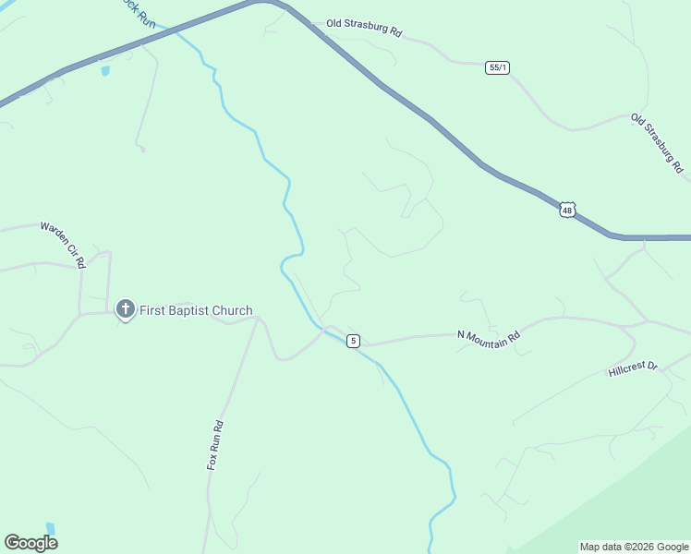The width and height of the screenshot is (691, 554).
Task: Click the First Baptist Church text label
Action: pos(196,311)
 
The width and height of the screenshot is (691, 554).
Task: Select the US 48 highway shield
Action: pos(567,211)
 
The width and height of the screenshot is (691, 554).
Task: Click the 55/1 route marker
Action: pos(497,67)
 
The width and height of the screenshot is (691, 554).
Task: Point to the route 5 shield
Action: pos(353,342)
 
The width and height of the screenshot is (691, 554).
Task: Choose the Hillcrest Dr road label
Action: pos(633,368)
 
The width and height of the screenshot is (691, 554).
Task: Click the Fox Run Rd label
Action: pos(215,445)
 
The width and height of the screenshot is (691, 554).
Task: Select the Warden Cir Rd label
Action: pos(63,244)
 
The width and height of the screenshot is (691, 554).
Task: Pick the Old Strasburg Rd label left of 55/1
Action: pos(364,30)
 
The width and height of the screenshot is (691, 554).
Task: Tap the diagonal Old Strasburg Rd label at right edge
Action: pos(657,144)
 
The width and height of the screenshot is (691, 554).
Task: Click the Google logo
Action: pos(30,543)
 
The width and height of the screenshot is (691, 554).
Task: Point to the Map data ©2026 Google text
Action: pos(634,547)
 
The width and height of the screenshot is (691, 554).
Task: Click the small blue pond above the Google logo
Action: pos(50,528)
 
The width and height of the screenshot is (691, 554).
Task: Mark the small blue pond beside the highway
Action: pos(104,71)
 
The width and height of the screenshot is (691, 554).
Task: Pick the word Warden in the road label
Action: pos(53,235)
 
